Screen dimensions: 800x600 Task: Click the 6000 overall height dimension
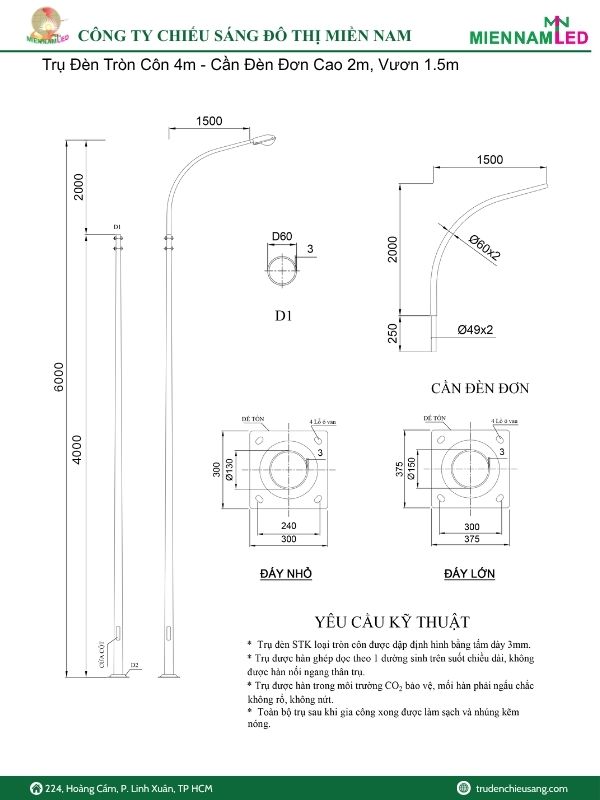point(60,383)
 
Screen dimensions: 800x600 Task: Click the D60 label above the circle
point(282,237)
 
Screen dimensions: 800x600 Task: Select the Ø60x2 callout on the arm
point(485,247)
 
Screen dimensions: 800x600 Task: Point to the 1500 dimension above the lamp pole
point(209,121)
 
